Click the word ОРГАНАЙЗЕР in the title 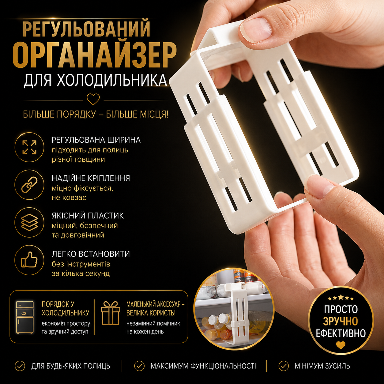tap(94, 55)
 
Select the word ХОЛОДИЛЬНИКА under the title tap(112, 80)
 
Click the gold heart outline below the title tap(93, 99)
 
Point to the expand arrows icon tap(29, 147)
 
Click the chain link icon tap(29, 185)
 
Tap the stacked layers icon tap(29, 222)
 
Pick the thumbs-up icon tap(29, 260)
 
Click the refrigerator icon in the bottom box tap(25, 317)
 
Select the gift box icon tap(111, 313)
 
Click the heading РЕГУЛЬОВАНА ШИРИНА tap(96, 140)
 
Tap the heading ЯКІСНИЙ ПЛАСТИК tap(88, 216)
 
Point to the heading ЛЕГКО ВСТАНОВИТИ tap(91, 254)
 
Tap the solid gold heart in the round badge tap(341, 345)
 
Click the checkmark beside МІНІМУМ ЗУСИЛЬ tap(284, 366)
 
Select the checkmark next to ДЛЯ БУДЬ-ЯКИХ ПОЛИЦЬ tap(20, 366)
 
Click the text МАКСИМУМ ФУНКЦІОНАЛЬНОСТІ tap(203, 366)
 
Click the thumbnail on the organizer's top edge tap(256, 29)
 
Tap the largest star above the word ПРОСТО tap(341, 297)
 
